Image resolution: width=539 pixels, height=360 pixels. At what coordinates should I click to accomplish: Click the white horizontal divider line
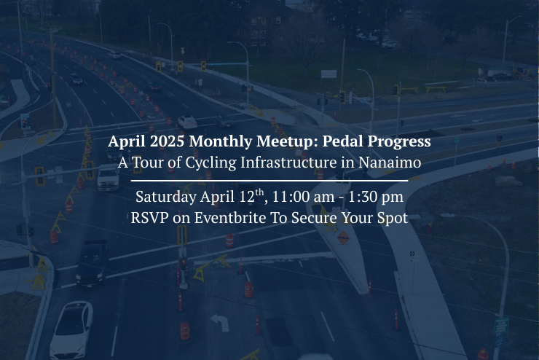(x=269, y=179)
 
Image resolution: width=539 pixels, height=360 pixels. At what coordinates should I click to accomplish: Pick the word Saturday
(x=165, y=197)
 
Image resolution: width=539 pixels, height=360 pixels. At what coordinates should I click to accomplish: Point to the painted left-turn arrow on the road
(x=219, y=320)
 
